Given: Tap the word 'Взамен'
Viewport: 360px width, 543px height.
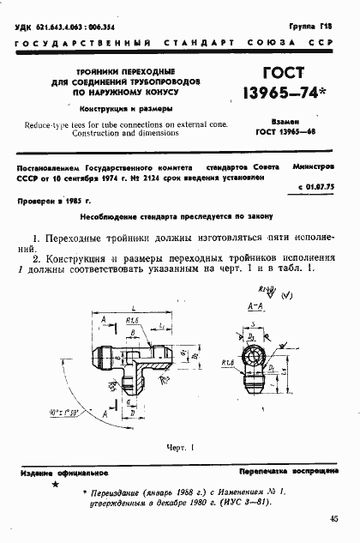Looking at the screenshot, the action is [286, 122].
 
